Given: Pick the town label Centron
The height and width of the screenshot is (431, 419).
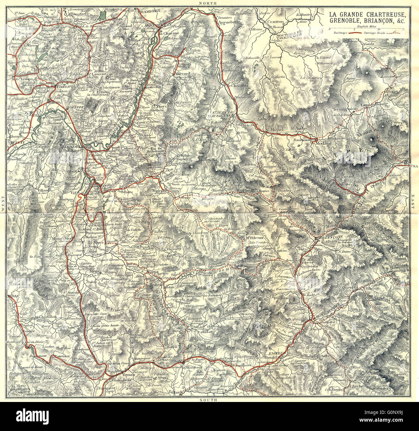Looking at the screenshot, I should (x=276, y=22).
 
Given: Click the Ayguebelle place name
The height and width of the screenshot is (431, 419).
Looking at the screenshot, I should (x=229, y=24).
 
